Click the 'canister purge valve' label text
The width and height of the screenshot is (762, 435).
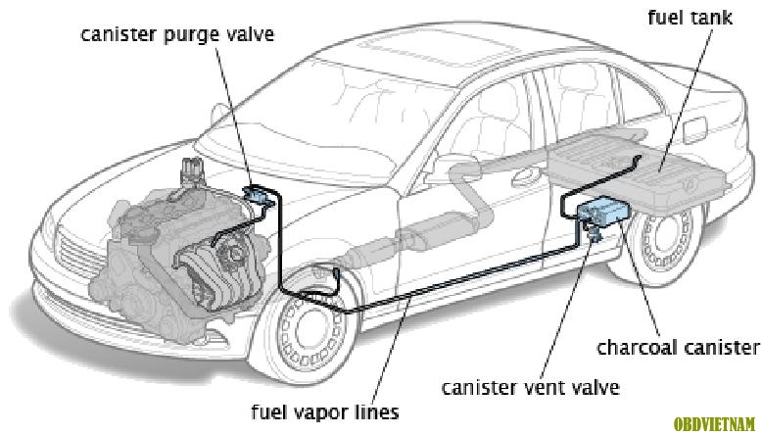coord(177,35)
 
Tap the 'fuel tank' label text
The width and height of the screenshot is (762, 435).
coord(691,18)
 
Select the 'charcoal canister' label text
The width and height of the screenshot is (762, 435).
coord(678,347)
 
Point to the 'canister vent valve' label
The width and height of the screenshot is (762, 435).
coord(531,387)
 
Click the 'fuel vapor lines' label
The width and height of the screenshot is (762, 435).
coord(325,412)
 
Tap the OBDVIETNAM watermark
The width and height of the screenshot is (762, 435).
coord(714,424)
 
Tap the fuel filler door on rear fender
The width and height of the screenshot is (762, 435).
coord(694,129)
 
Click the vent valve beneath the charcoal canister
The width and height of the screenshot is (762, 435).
coord(594,231)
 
